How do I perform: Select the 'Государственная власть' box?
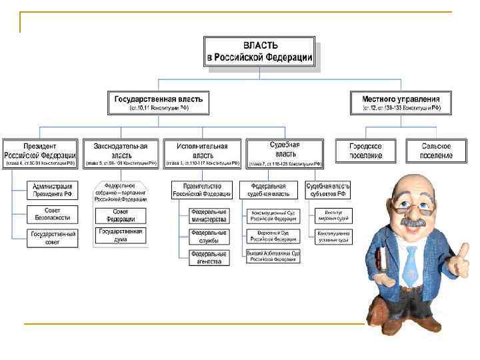pos(158,103)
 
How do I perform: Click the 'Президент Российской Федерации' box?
pos(40,153)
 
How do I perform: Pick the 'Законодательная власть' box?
pos(121,153)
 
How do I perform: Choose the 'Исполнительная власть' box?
pos(202,153)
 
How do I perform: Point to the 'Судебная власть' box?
pos(284,153)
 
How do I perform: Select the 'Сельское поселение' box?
pos(436,151)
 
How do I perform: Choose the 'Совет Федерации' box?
pos(120,215)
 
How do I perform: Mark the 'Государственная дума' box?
pos(120,235)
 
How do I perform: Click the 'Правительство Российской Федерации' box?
pos(201,190)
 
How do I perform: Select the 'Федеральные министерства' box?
pos(209,215)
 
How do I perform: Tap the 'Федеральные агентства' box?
pos(209,257)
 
